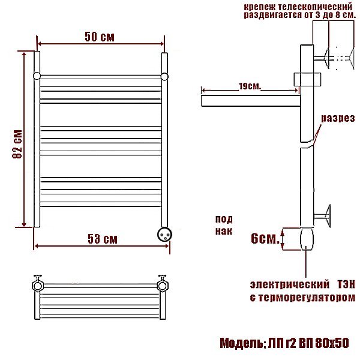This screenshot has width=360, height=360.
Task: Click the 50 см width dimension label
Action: [100, 37]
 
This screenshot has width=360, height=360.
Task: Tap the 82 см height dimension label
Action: [17, 144]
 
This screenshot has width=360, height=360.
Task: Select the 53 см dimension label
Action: [103, 239]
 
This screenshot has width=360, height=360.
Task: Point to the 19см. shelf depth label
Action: [250, 86]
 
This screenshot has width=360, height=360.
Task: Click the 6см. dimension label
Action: [265, 238]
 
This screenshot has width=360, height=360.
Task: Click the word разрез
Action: [338, 118]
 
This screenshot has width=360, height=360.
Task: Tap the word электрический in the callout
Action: [290, 284]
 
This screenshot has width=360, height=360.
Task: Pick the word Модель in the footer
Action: [242, 343]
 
